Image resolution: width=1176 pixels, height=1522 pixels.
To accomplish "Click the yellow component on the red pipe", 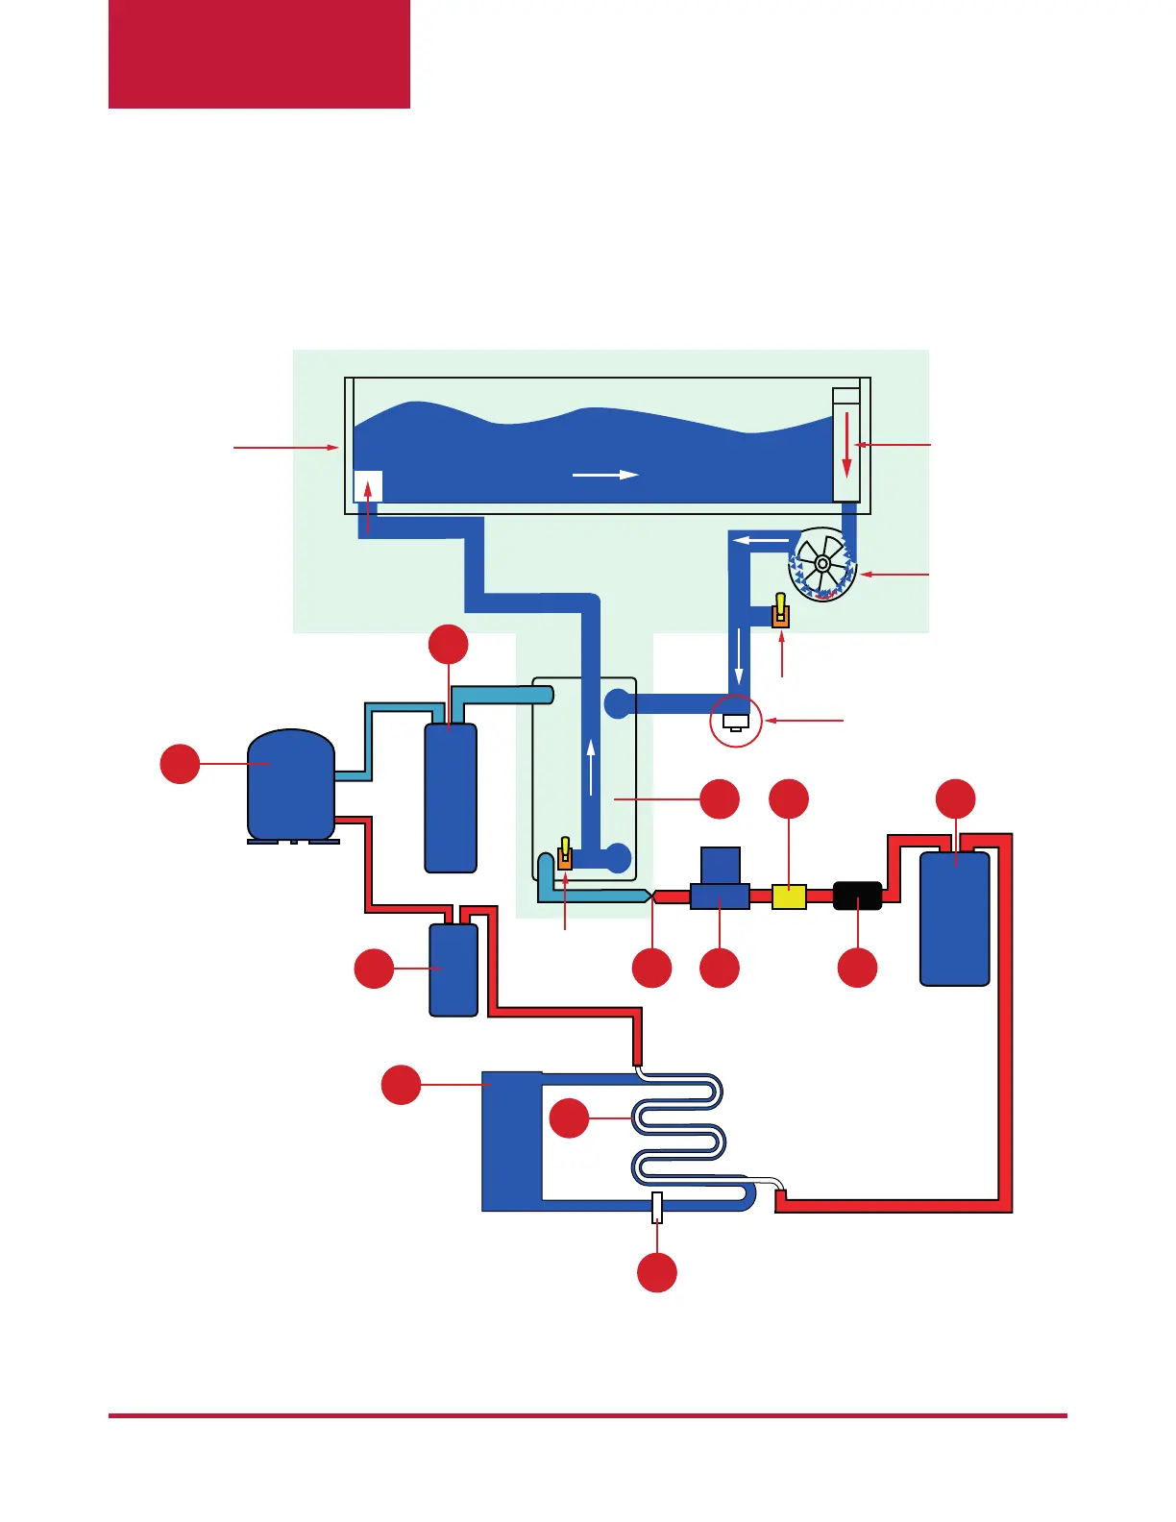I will (789, 896).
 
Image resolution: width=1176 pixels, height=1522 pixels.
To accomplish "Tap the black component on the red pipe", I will (857, 896).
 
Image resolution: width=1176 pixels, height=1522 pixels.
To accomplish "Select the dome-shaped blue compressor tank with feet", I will (291, 785).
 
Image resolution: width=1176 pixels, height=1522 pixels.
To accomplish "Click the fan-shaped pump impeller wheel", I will (822, 565).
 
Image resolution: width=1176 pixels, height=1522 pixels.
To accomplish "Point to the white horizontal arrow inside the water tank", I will (605, 474).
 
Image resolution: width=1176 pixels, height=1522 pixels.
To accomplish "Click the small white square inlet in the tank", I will (368, 486).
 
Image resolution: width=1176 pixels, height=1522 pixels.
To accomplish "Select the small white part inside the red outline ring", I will (736, 722).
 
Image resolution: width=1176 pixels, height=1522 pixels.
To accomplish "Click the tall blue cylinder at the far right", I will (955, 918).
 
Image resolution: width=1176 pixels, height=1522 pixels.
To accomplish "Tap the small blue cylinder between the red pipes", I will (453, 969).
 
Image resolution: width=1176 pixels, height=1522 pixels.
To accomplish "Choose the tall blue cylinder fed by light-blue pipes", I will (451, 798).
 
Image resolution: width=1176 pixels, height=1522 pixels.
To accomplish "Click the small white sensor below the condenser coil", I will (657, 1208).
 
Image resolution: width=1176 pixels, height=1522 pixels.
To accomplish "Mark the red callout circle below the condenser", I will (657, 1272).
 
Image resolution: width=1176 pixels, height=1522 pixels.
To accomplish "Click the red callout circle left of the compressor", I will (180, 764).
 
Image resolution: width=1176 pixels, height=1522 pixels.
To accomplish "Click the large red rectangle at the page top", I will (259, 54).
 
